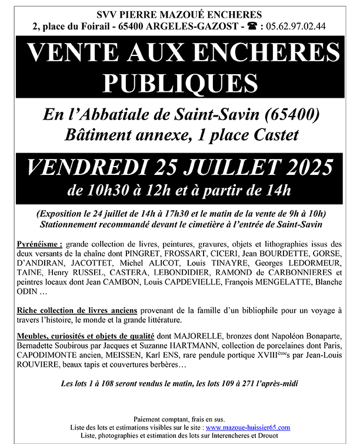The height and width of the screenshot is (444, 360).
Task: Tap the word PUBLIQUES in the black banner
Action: point(180,81)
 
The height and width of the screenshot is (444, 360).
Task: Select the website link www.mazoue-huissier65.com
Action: point(248,427)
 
